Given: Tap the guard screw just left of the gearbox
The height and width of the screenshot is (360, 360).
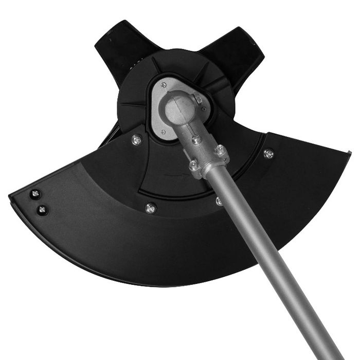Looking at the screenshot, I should pos(137,139).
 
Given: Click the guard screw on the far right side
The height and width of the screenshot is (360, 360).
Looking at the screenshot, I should pos(268,153).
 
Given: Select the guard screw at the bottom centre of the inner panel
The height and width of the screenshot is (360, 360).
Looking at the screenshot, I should pos(150,208).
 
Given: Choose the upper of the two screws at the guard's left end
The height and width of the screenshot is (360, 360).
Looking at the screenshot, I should pos(35,194).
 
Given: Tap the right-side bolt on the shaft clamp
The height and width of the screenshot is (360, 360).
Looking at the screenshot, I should pos(220,150).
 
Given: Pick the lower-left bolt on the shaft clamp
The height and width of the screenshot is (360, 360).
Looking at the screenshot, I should pos(193,165).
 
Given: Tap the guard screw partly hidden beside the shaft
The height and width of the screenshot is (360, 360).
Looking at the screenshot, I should pos(219,201).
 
